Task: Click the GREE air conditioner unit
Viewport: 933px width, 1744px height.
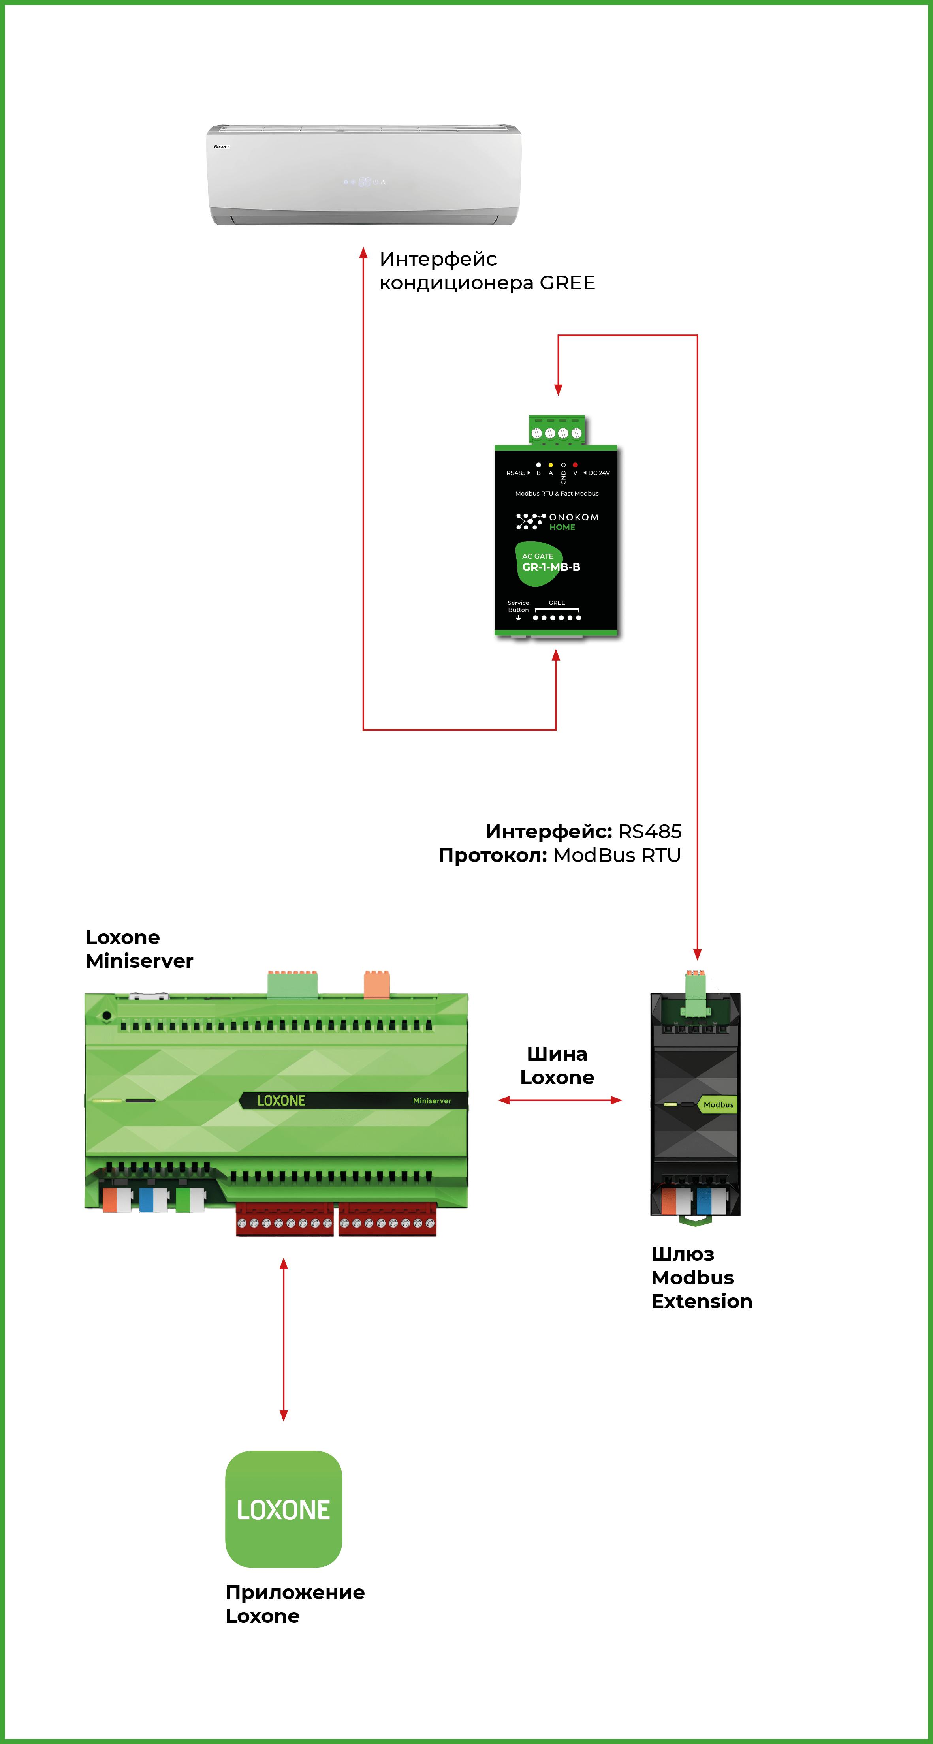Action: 363,175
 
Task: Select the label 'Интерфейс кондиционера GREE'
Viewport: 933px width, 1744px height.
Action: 487,271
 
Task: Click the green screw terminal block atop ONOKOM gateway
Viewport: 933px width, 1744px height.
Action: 557,431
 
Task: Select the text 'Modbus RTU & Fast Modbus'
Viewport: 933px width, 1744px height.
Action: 557,494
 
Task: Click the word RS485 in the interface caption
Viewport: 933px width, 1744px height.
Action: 649,832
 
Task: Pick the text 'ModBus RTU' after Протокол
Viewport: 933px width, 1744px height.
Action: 617,855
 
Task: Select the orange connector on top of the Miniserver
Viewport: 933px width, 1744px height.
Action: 376,984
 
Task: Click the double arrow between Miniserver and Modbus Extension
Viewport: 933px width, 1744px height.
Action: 560,1100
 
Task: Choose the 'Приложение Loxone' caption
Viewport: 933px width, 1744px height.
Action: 295,1604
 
